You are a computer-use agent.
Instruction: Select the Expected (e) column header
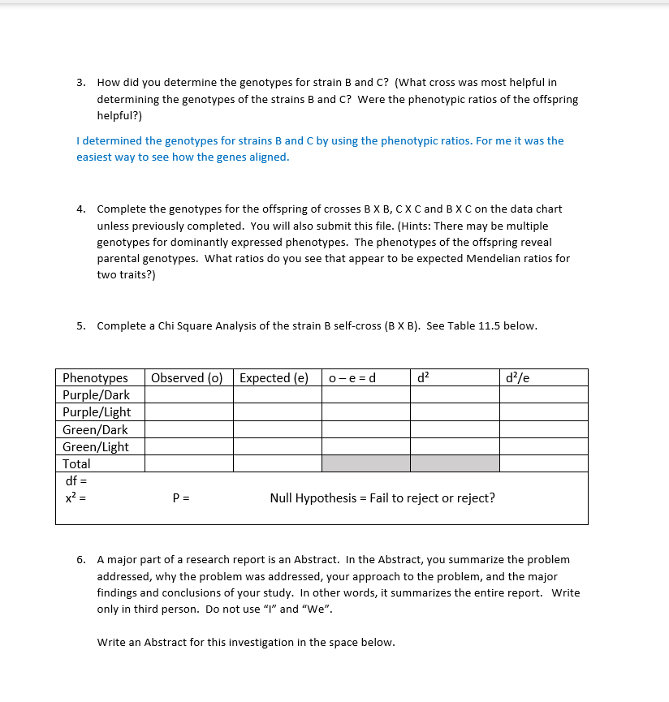coord(274,378)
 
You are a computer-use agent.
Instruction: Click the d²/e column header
coord(517,378)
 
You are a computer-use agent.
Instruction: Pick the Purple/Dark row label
coord(96,395)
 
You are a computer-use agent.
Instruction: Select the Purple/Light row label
coord(97,412)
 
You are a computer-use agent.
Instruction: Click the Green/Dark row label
coord(95,430)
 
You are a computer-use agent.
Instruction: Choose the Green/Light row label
coord(96,447)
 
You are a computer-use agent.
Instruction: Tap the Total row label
coord(76,464)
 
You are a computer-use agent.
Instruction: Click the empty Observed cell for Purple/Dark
coord(189,395)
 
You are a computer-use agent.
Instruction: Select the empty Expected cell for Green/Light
coord(277,447)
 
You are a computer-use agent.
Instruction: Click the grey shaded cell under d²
coord(455,464)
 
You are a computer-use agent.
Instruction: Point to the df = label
coord(74,481)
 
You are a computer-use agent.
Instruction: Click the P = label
coord(181,498)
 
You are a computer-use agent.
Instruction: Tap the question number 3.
coord(80,83)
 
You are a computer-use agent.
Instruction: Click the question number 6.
coord(80,560)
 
